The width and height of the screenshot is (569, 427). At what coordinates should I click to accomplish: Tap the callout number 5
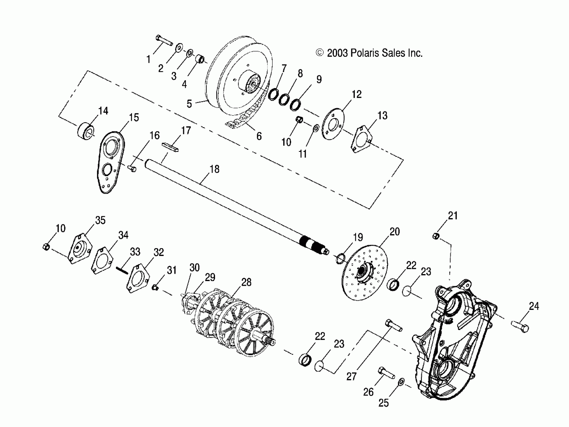click(189, 104)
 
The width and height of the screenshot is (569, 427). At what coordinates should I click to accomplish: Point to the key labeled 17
click(170, 147)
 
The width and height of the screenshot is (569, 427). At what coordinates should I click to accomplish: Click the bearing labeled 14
click(86, 132)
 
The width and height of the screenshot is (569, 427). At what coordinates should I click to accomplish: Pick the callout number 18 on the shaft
click(215, 169)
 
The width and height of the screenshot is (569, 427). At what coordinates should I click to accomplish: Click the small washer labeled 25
click(401, 381)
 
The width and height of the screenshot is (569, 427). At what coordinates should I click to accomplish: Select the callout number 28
click(246, 282)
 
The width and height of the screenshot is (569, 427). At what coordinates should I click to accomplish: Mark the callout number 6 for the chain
click(259, 136)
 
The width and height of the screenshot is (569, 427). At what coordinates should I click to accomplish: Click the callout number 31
click(172, 271)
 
